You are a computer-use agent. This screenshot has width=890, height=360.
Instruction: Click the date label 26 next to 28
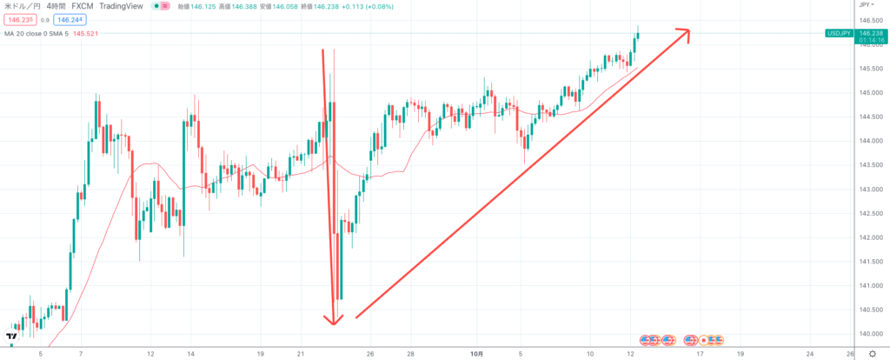370,353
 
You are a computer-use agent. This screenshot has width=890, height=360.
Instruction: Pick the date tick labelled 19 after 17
741,353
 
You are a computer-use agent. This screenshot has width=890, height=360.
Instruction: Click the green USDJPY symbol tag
839,34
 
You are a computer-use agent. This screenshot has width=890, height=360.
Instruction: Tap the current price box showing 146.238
872,34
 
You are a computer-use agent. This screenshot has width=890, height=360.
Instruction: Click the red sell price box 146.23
18,19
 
